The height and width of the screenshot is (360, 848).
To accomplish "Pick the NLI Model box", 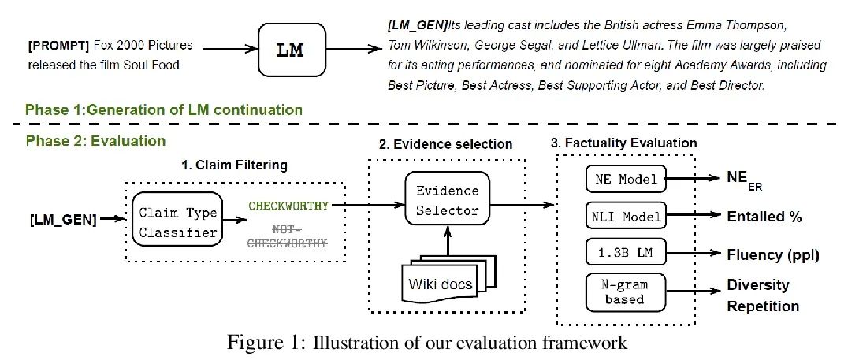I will click(621, 215).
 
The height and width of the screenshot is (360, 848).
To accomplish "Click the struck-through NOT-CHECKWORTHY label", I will click(288, 236).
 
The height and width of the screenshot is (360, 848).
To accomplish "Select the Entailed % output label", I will click(762, 216).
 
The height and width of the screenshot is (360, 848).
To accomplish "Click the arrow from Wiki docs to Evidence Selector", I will click(446, 239).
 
